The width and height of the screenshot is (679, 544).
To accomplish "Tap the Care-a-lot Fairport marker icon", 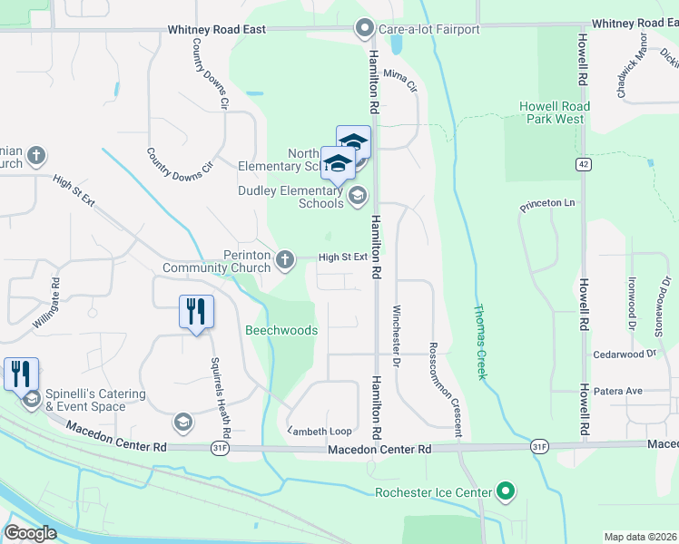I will [x=365, y=29].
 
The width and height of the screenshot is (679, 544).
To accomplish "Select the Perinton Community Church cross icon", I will [x=285, y=260].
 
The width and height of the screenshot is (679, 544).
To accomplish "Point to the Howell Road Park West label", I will [x=554, y=112].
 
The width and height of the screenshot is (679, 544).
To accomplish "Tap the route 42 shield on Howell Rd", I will [x=582, y=164].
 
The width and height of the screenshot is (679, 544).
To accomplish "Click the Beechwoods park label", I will [x=281, y=330].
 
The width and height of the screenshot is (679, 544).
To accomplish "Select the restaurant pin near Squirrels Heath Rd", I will [x=196, y=313].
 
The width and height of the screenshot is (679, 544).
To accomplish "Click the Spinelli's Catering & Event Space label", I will [x=98, y=400].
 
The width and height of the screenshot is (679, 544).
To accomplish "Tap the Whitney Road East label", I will [x=217, y=30].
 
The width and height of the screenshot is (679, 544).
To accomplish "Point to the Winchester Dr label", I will [x=397, y=336].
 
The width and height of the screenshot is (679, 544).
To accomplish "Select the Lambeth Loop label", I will [x=320, y=432].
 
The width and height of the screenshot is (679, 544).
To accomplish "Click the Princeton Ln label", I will [x=548, y=205].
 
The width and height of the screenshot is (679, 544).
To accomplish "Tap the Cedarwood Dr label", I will [x=624, y=355].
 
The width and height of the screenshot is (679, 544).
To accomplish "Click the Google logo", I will [x=30, y=533].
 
